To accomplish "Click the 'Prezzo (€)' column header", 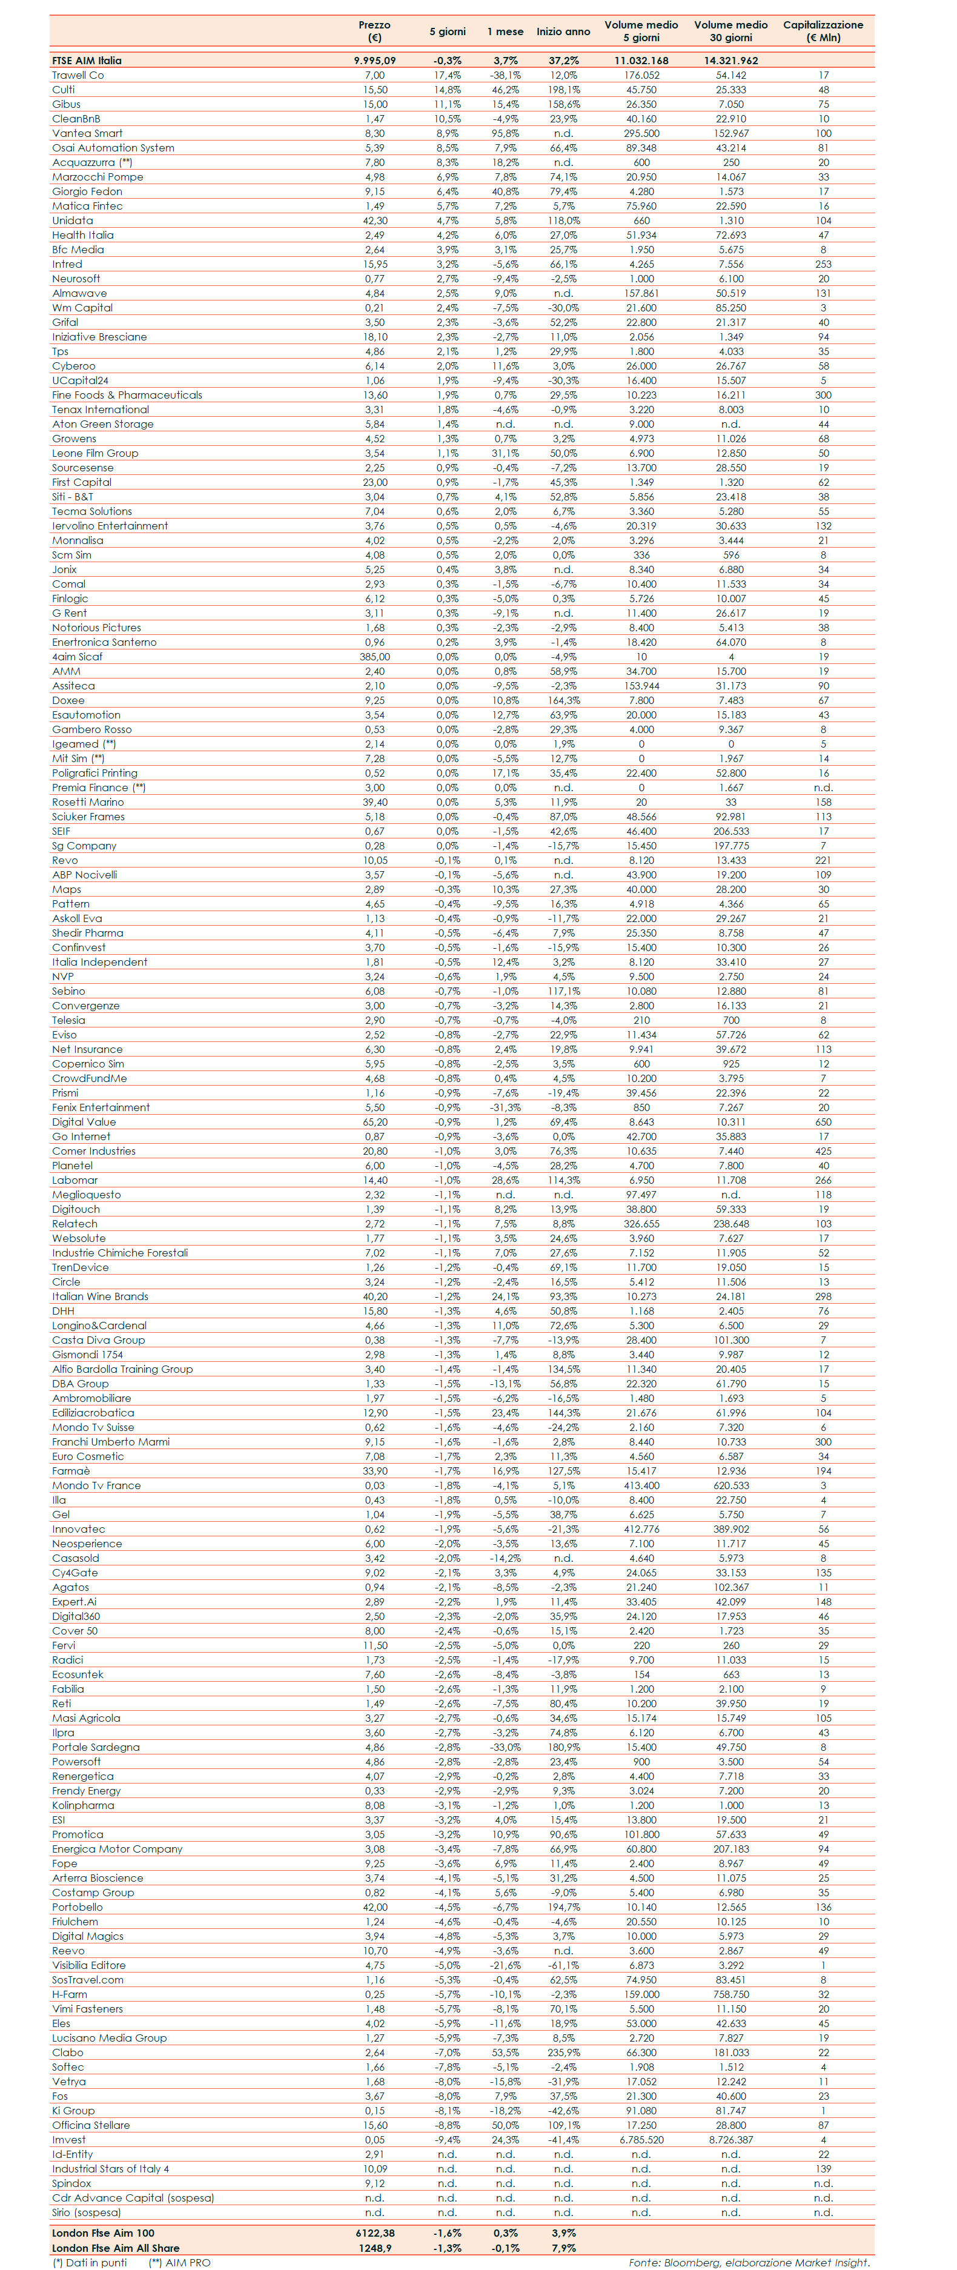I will pos(374,31).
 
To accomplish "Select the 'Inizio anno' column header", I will pos(563,32).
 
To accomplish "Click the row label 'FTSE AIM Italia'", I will pos(87,61).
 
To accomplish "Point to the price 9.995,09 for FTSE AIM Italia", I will pos(374,61).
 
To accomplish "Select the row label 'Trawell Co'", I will pos(78,75).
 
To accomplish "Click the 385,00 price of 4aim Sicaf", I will pos(374,657).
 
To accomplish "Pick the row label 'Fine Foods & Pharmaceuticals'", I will pos(127,395).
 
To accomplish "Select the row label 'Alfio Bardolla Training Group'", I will pos(122,1369).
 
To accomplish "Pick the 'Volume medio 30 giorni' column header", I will pos(730,31).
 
